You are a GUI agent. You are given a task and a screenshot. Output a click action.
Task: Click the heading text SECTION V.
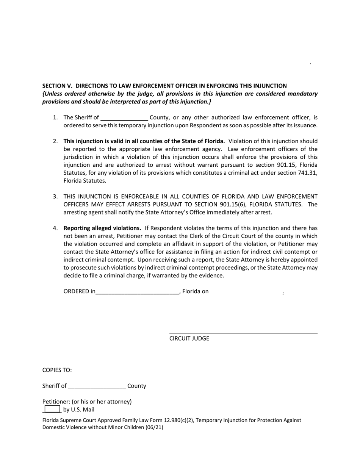click(x=57, y=86)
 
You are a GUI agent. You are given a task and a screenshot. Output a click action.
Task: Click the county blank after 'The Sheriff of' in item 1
click(x=124, y=118)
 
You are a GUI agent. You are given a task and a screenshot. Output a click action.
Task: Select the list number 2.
click(x=55, y=141)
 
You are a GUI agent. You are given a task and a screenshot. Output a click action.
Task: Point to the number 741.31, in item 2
click(x=305, y=173)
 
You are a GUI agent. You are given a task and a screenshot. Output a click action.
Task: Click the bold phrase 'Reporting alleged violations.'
click(x=102, y=228)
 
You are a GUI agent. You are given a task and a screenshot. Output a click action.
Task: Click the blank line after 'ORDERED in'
click(x=137, y=292)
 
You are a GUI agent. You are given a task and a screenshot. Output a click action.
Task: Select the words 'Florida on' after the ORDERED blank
click(x=196, y=291)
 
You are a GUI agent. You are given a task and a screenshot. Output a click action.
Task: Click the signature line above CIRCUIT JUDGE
click(x=243, y=333)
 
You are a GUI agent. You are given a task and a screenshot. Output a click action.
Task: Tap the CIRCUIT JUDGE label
click(x=189, y=338)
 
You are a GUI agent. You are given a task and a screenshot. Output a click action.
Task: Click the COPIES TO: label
click(x=57, y=370)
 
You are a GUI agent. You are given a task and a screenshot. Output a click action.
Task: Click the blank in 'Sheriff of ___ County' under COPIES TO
click(x=97, y=386)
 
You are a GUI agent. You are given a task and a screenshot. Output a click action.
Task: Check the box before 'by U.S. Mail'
click(x=52, y=409)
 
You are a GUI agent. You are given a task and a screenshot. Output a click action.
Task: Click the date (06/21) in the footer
click(x=155, y=427)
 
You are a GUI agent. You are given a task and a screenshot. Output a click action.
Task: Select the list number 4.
click(x=55, y=228)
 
